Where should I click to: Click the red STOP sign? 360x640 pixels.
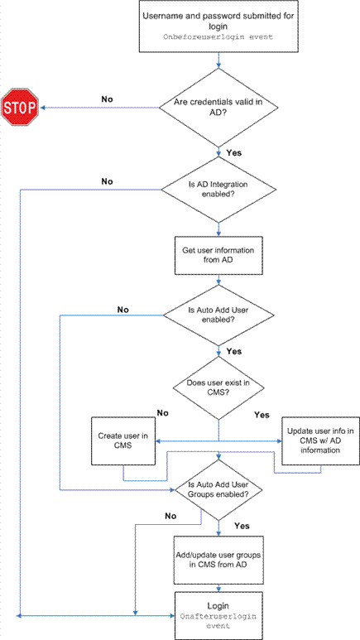(20, 107)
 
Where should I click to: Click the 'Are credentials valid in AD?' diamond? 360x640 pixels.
(218, 108)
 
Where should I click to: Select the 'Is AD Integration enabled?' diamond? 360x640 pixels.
(219, 190)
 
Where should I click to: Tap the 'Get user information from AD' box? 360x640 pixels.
(218, 255)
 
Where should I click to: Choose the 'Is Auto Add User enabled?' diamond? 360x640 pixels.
(218, 315)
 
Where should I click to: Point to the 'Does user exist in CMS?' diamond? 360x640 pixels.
(218, 388)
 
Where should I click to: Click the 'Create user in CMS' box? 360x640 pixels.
(123, 440)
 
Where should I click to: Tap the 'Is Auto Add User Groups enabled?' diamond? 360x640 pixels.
(218, 490)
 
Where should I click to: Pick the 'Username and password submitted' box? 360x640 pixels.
(218, 26)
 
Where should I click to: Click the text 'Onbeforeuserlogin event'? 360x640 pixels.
(218, 36)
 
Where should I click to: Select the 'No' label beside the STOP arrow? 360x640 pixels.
(107, 99)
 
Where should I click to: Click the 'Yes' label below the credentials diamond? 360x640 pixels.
(233, 153)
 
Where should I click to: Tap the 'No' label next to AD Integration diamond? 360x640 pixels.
(107, 181)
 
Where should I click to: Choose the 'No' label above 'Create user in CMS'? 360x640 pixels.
(162, 412)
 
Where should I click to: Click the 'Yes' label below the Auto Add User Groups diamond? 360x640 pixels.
(242, 525)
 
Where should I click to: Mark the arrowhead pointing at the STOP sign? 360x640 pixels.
(41, 108)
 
